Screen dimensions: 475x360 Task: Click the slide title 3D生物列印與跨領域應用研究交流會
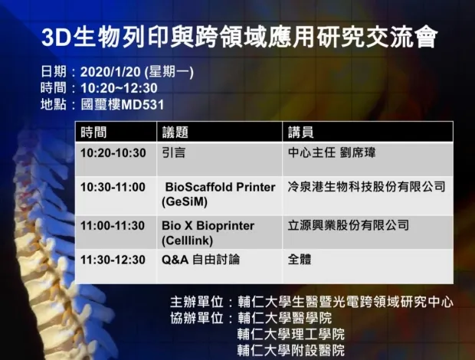(x=239, y=38)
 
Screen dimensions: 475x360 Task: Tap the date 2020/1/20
(x=110, y=72)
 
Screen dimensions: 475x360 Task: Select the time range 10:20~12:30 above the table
(x=119, y=88)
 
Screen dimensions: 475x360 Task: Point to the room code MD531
(x=142, y=105)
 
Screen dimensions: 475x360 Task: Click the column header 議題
(x=175, y=133)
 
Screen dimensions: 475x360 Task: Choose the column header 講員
(x=301, y=133)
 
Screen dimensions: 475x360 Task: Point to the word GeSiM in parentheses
(x=185, y=201)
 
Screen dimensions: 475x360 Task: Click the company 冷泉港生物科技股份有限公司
(x=366, y=187)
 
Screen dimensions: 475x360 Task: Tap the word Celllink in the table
(x=187, y=241)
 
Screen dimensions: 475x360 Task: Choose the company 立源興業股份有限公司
(x=349, y=225)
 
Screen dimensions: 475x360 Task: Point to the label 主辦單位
(x=197, y=302)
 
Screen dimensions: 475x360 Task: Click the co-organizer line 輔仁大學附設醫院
(x=291, y=350)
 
